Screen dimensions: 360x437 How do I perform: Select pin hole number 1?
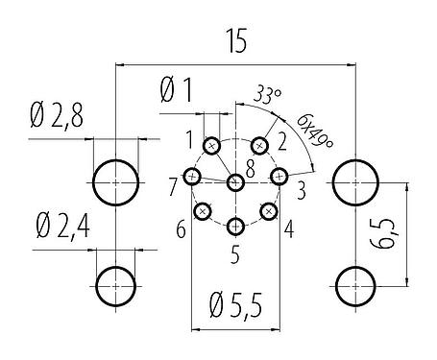213,146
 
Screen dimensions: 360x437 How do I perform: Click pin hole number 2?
258,145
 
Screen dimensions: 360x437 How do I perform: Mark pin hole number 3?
279,176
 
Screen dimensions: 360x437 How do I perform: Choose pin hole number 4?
269,210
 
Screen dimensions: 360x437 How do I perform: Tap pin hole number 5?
236,227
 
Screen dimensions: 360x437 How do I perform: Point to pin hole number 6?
203,210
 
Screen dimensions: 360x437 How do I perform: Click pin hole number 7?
193,177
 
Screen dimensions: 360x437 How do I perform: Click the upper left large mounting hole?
116,180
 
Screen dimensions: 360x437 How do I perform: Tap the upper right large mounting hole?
356,180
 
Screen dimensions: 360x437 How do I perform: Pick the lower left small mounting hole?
116,283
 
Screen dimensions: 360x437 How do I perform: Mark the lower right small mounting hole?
356,283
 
